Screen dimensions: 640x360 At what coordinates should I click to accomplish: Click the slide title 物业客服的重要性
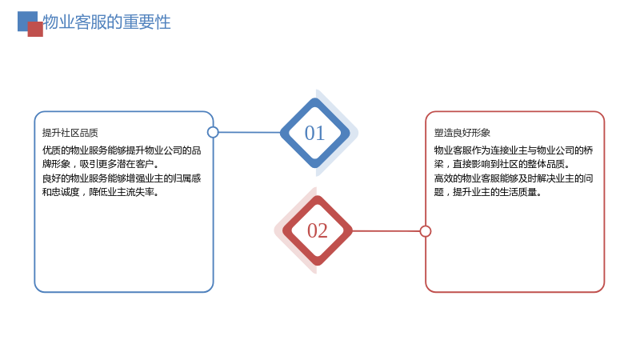tap(106, 22)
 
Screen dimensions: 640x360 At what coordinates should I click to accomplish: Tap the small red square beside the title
tap(35, 30)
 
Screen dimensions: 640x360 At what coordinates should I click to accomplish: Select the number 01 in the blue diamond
tap(314, 133)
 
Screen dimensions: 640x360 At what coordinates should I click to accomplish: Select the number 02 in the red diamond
tap(317, 230)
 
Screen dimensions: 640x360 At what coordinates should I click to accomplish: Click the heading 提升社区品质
tap(70, 133)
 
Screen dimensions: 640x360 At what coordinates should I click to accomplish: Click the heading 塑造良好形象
tap(462, 133)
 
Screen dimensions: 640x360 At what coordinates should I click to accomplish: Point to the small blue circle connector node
tap(213, 132)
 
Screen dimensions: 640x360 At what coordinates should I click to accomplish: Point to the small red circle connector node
tap(426, 231)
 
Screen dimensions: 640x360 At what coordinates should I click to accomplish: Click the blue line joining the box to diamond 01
tap(250, 132)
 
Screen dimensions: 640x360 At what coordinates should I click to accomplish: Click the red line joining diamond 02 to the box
tap(386, 231)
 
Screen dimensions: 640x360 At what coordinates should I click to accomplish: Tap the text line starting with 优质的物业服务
tap(122, 150)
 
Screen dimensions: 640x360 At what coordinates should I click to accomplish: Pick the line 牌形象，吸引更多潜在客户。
tap(101, 164)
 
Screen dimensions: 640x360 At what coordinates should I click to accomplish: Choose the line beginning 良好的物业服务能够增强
tap(122, 178)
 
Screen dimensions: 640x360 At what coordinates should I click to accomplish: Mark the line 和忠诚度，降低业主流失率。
tap(101, 192)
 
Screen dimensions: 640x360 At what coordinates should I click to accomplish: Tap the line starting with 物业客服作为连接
tap(514, 150)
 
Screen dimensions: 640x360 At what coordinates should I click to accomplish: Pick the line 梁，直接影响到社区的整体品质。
tap(502, 164)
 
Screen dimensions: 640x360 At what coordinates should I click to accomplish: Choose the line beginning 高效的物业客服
tap(514, 178)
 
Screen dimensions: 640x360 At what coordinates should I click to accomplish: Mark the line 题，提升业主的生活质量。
tap(488, 192)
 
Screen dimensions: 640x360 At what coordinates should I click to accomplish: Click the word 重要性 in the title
tap(146, 22)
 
